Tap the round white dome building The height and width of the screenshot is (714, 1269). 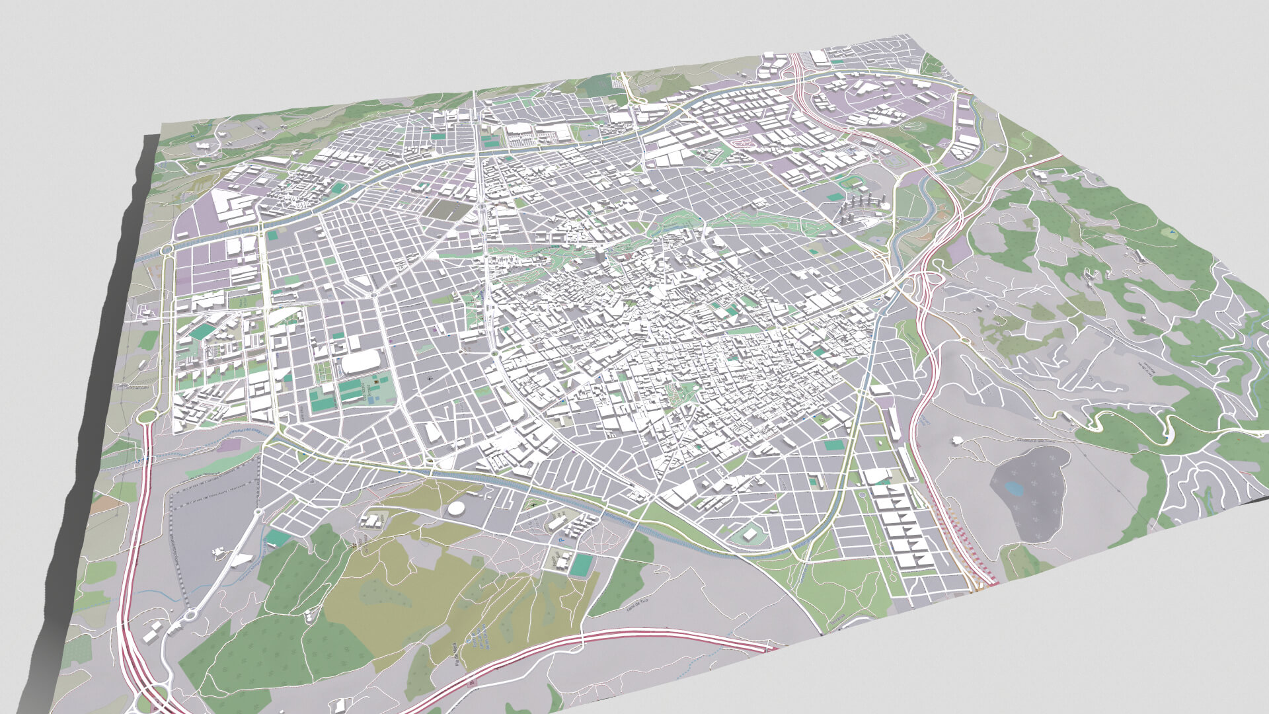455,508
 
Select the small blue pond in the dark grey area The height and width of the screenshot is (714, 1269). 1013,489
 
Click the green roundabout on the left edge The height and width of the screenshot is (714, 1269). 147,416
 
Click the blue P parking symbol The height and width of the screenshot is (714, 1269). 560,541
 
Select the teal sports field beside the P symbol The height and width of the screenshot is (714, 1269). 582,565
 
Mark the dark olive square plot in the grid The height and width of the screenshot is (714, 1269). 449,210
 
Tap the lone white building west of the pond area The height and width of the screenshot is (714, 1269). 956,440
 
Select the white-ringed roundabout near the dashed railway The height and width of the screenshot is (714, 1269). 190,615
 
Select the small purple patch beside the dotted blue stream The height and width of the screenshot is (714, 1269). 228,446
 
